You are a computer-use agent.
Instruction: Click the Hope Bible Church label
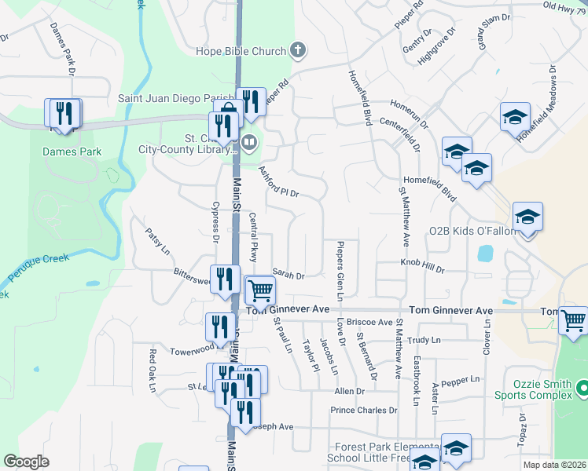(x=241, y=52)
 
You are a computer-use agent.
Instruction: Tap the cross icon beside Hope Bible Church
(x=297, y=52)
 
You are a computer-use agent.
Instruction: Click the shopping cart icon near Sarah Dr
(x=260, y=290)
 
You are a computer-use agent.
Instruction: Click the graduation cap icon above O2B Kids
(x=527, y=217)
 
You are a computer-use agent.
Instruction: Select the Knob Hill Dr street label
(x=423, y=264)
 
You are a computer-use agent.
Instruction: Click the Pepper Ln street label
(x=461, y=380)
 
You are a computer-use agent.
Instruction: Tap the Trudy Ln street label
(x=425, y=339)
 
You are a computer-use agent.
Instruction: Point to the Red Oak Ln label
(x=153, y=367)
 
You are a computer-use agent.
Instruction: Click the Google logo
(x=27, y=462)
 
